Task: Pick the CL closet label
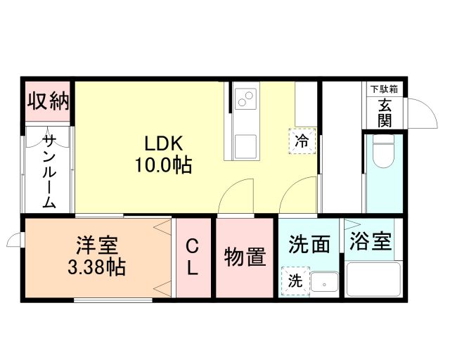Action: pyautogui.click(x=192, y=257)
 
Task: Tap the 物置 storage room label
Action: pyautogui.click(x=245, y=257)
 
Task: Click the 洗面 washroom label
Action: pyautogui.click(x=309, y=245)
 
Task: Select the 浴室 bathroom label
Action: pyautogui.click(x=371, y=243)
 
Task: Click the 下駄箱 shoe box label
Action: pyautogui.click(x=385, y=89)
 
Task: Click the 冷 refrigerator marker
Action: pyautogui.click(x=302, y=141)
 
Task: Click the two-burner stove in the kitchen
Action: pyautogui.click(x=245, y=100)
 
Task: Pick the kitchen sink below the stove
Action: pyautogui.click(x=246, y=146)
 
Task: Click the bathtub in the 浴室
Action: pyautogui.click(x=373, y=279)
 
